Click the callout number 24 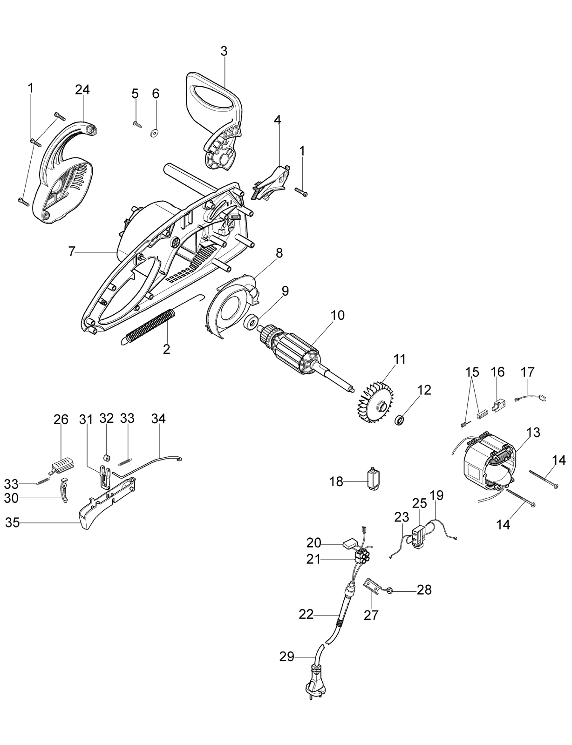pyautogui.click(x=82, y=90)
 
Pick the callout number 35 pyautogui.click(x=13, y=523)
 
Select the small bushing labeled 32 pyautogui.click(x=107, y=457)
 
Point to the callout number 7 pyautogui.click(x=71, y=252)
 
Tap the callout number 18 pyautogui.click(x=336, y=481)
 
